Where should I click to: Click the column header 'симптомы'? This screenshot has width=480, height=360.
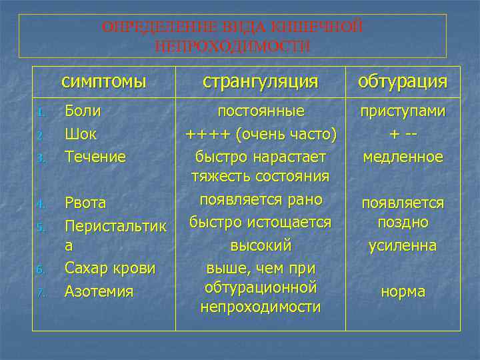[103, 81]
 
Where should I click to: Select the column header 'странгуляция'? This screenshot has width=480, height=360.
[260, 81]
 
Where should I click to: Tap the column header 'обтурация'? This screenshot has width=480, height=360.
[402, 81]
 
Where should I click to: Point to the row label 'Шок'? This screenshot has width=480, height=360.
[81, 134]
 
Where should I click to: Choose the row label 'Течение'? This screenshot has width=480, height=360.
[95, 157]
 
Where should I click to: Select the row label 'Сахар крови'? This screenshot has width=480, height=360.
[110, 268]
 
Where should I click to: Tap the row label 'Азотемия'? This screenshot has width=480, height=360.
[99, 291]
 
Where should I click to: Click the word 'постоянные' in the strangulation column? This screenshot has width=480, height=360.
[261, 111]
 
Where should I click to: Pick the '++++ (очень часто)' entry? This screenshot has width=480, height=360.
[260, 134]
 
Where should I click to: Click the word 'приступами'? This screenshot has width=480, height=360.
[403, 111]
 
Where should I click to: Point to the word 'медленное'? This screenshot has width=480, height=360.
[403, 157]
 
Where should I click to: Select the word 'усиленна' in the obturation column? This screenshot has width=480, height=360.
[403, 245]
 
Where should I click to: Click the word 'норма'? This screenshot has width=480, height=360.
[403, 292]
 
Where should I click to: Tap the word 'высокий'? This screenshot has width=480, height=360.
[260, 245]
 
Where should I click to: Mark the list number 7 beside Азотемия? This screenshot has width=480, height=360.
[40, 292]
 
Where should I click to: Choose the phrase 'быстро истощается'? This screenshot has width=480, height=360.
[260, 222]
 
